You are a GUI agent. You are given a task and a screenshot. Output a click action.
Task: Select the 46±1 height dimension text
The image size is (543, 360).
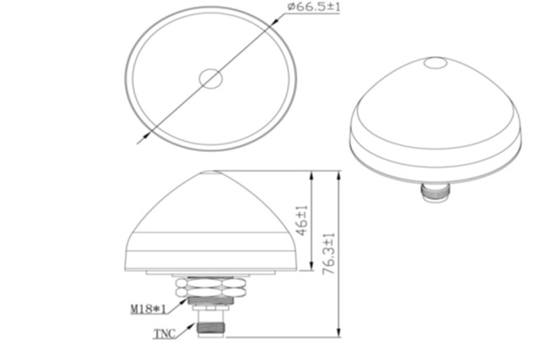click(302, 220)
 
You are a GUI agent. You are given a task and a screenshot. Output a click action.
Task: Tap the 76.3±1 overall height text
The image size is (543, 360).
click(330, 254)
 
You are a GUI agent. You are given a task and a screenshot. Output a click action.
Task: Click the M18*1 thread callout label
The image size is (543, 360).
click(148, 308)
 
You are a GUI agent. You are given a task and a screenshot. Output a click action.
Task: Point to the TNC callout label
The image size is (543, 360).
click(165, 334)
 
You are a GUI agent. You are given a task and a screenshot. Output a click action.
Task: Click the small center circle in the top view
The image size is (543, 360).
click(211, 79)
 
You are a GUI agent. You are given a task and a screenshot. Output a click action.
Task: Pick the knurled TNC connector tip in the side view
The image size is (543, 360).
click(211, 325)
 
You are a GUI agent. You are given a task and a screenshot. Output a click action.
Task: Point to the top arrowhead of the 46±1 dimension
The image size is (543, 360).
click(310, 174)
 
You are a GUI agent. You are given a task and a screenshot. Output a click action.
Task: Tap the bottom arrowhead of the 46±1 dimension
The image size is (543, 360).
click(310, 268)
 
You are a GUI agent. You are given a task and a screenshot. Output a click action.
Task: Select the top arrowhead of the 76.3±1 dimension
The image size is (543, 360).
click(339, 174)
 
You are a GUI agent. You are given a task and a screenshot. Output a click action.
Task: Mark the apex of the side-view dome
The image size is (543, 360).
click(211, 171)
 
